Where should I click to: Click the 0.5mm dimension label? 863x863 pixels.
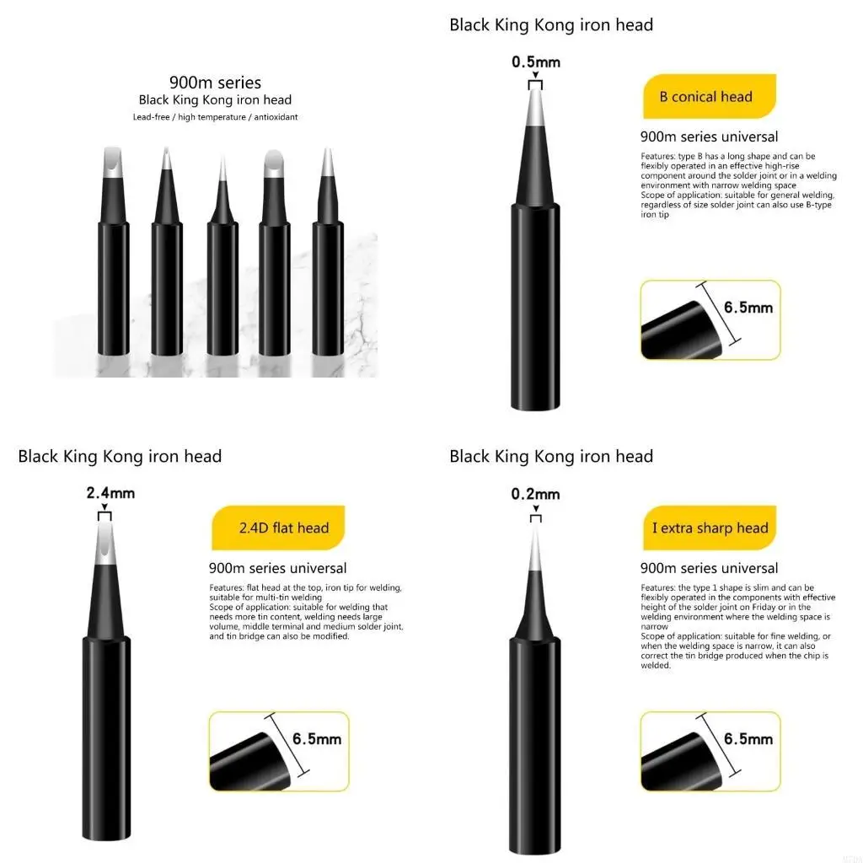536,62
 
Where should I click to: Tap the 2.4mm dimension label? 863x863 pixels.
110,493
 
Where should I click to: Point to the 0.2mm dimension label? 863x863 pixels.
535,494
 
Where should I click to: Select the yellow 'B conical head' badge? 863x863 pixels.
705,97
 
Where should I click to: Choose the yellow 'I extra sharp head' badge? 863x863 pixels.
710,528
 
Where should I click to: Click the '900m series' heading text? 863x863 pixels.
215,83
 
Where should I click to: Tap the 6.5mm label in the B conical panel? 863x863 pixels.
748,308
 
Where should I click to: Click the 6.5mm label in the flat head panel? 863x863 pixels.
317,739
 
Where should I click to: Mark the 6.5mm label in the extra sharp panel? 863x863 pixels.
748,739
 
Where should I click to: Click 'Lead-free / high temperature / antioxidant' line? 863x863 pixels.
215,117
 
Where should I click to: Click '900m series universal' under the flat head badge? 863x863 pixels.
277,568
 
